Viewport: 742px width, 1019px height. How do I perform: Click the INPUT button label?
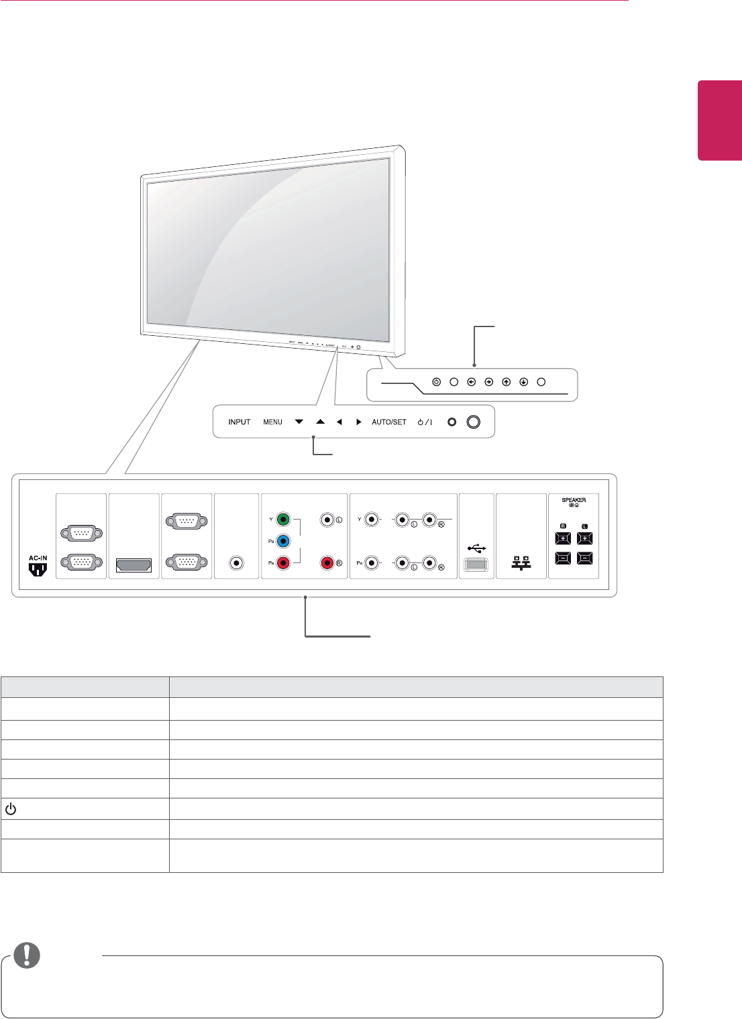(x=239, y=422)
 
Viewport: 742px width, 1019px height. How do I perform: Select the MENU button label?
(x=272, y=422)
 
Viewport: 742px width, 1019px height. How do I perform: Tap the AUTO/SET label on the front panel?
(x=389, y=422)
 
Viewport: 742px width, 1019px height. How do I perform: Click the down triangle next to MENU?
(x=299, y=422)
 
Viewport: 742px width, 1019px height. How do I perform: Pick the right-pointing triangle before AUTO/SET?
(x=359, y=422)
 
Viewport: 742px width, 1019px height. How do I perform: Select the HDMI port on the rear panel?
(x=134, y=566)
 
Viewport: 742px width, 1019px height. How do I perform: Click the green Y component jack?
(x=284, y=519)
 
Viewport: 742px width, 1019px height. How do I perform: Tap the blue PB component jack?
(x=284, y=541)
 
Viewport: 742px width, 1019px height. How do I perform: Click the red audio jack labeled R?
(x=327, y=563)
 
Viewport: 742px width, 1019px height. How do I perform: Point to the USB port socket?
(x=476, y=565)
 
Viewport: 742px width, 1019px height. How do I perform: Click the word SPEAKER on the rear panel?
(x=574, y=500)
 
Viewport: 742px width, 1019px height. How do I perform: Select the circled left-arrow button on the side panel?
(x=472, y=381)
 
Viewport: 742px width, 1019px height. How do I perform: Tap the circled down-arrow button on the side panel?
(x=523, y=381)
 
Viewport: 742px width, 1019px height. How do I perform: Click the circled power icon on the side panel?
(x=436, y=381)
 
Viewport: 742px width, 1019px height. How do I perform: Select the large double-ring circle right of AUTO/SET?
(x=474, y=422)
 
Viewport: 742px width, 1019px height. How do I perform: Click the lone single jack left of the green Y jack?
(x=236, y=563)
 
